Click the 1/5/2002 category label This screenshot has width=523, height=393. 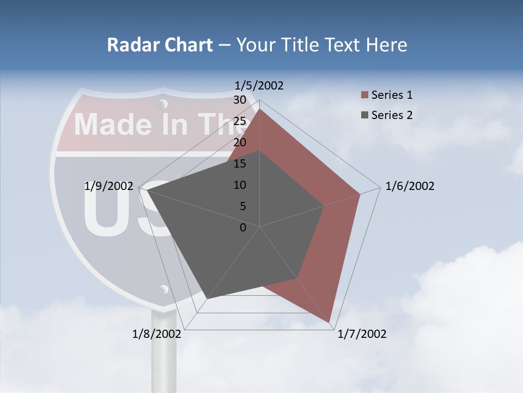point(259,85)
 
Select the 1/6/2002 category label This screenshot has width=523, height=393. point(410,186)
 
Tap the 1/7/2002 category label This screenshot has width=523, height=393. point(362,334)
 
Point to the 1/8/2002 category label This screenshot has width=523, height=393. point(157,334)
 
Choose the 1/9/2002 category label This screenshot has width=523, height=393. point(108,186)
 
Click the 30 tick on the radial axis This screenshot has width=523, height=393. point(239,100)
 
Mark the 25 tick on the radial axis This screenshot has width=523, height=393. point(239,121)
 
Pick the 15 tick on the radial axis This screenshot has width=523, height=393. point(239,164)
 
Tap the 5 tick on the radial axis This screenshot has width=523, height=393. point(242,206)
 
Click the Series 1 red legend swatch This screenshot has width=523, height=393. point(364,96)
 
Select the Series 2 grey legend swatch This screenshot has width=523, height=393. point(364,115)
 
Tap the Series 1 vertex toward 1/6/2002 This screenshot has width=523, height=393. point(360,194)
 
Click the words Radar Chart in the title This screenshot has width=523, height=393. point(160,45)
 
